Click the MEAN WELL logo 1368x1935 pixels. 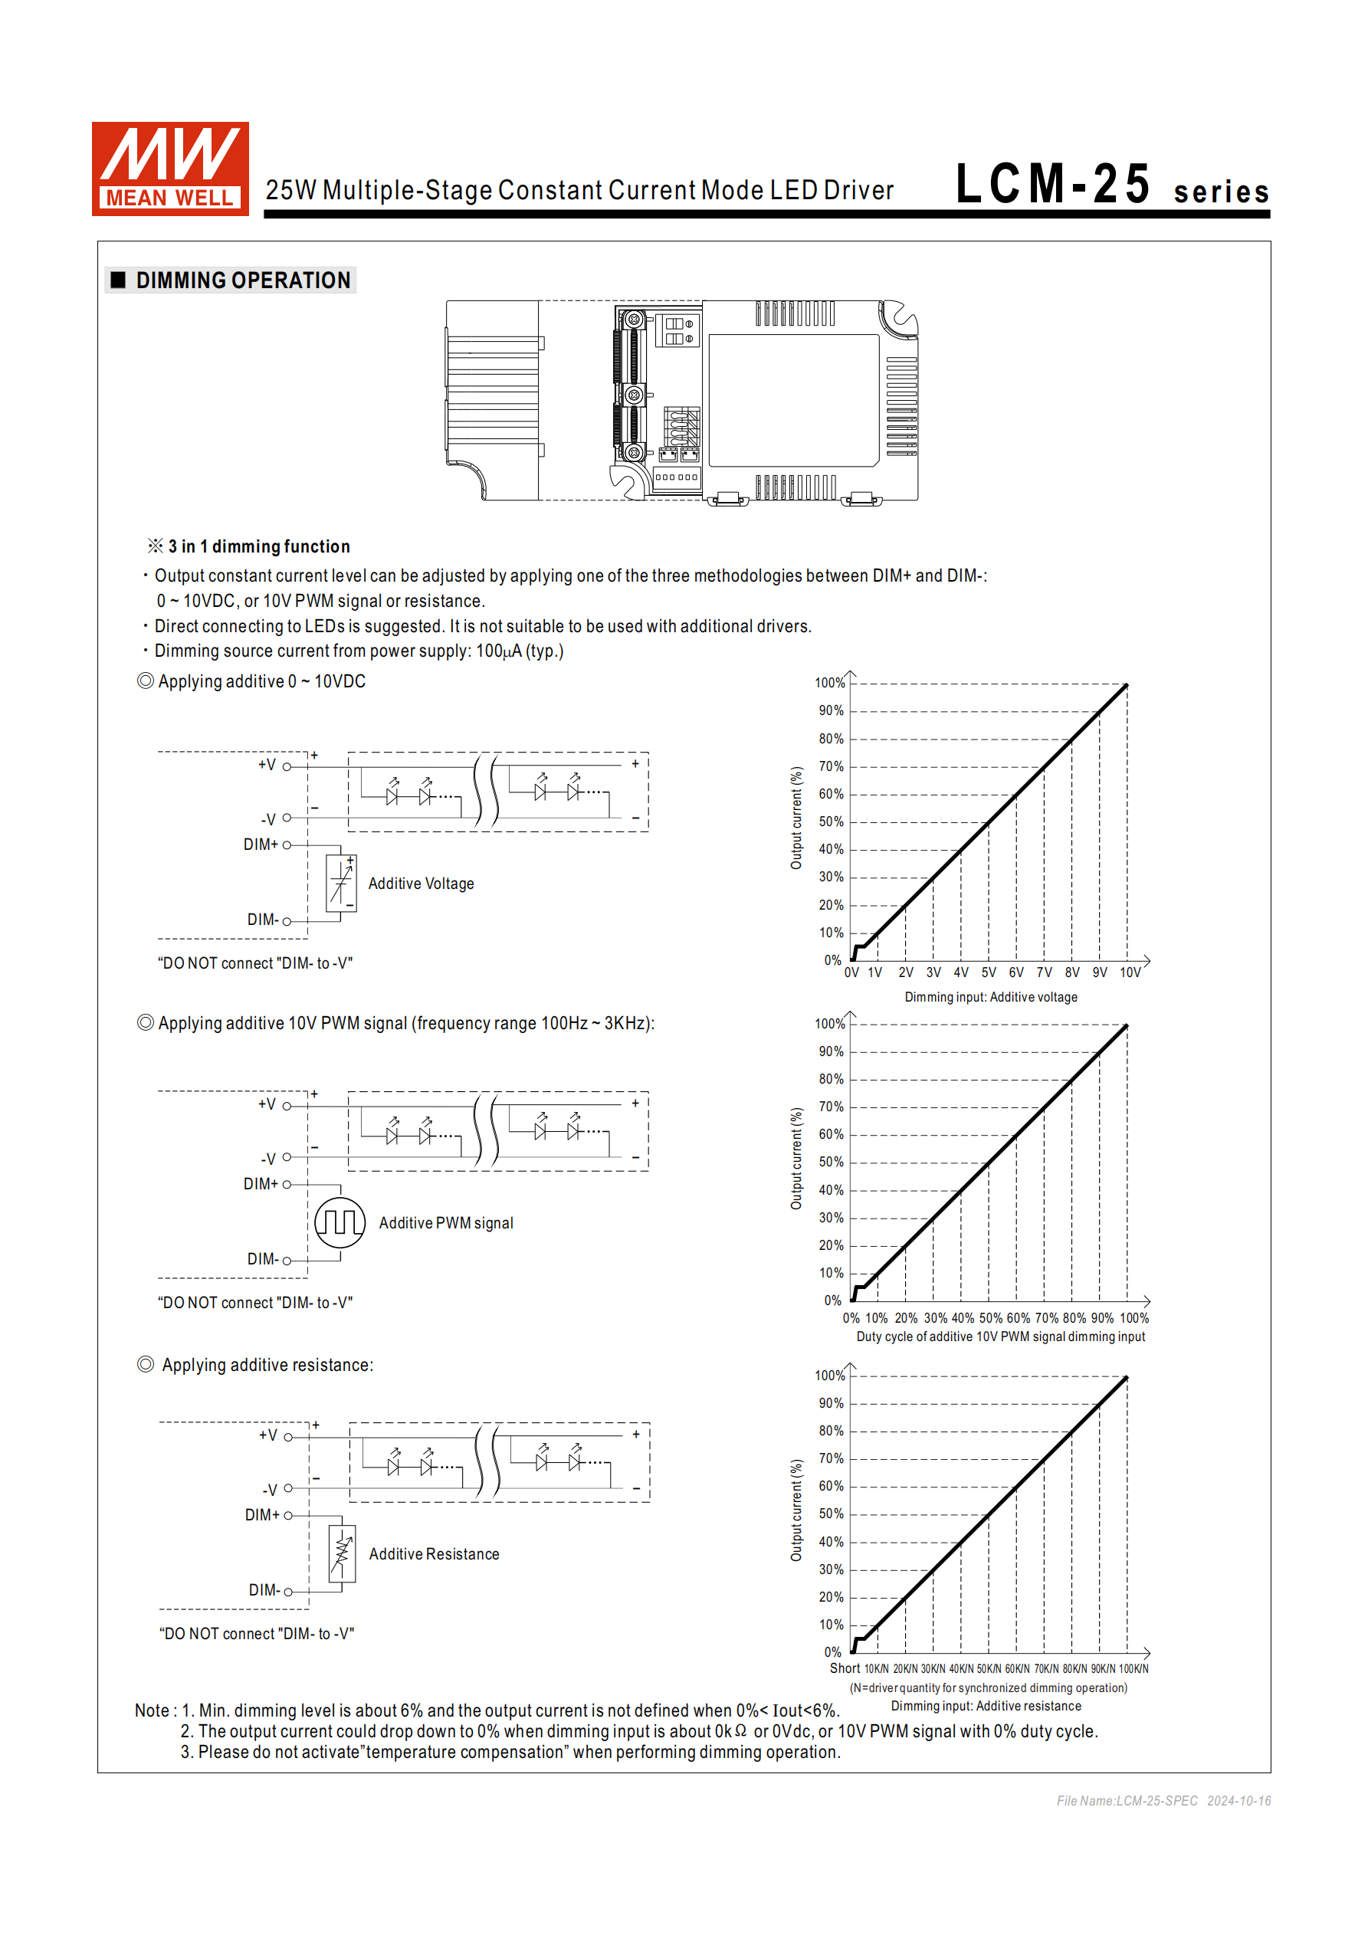tap(170, 169)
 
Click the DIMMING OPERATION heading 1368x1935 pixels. tap(242, 280)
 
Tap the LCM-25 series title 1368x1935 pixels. tap(1111, 185)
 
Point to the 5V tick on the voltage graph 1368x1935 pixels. tap(989, 972)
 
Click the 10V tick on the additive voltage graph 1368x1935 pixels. tap(1130, 972)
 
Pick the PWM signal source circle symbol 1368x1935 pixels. tap(340, 1222)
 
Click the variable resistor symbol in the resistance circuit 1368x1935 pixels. tap(343, 1553)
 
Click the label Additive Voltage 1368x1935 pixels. tap(421, 884)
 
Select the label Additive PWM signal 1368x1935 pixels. tap(445, 1223)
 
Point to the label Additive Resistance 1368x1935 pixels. tap(433, 1554)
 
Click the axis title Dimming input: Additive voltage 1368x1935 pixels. tap(990, 997)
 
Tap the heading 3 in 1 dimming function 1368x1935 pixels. tap(258, 546)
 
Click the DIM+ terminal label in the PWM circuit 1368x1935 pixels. tap(261, 1184)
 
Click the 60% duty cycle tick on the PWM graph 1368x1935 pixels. tap(1017, 1318)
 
